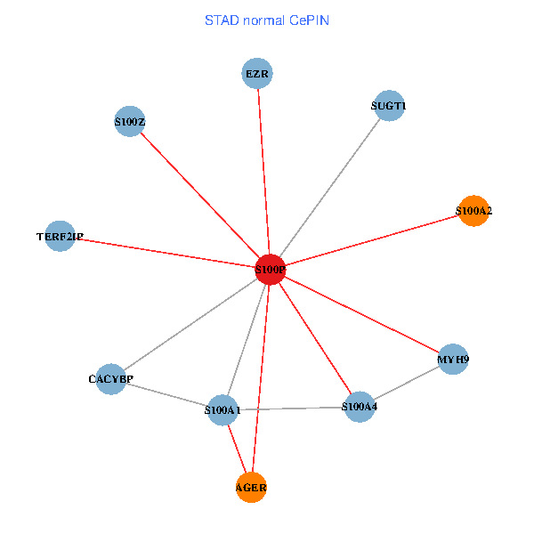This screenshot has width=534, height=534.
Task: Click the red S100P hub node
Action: click(x=270, y=269)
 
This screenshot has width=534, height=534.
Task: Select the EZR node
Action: click(x=257, y=73)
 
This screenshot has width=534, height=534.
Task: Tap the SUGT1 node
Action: click(x=389, y=106)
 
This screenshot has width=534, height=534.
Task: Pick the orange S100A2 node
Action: click(x=473, y=211)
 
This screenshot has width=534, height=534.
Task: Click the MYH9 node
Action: click(x=453, y=360)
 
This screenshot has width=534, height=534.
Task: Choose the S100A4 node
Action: click(x=359, y=407)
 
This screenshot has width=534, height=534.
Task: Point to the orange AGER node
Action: click(x=252, y=487)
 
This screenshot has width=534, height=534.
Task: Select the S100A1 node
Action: click(x=222, y=410)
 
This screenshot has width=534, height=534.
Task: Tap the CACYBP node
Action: click(x=110, y=379)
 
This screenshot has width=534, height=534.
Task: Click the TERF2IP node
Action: click(x=60, y=236)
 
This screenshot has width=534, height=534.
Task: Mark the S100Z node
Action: click(x=130, y=121)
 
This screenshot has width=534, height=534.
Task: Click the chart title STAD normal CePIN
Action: click(x=266, y=20)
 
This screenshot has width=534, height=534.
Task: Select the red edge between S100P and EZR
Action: click(x=263, y=169)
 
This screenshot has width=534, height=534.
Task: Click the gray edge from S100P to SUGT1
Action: click(x=329, y=187)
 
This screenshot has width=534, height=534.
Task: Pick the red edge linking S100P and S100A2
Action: click(x=372, y=239)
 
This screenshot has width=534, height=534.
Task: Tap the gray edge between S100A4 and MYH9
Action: click(x=406, y=383)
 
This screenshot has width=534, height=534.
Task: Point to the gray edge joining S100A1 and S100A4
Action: click(x=290, y=409)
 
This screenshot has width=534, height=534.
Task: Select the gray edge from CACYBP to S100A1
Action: click(x=166, y=394)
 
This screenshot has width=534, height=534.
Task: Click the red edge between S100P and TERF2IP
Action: click(x=165, y=252)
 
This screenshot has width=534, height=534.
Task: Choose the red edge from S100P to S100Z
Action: click(x=200, y=195)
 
